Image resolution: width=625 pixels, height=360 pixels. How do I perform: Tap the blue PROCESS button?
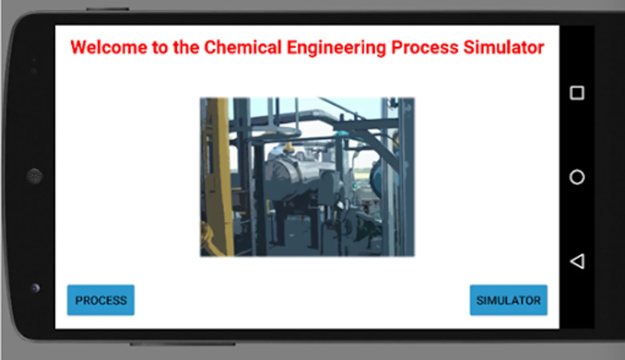coord(101,300)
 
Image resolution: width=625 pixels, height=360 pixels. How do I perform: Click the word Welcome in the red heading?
coord(108,47)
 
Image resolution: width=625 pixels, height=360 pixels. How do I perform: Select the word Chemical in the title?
coord(243,47)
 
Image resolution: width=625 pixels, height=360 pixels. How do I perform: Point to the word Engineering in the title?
coord(336,48)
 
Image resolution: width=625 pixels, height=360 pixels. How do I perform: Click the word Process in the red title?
coord(425,47)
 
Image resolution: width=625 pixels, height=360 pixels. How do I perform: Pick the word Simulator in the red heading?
coord(504,47)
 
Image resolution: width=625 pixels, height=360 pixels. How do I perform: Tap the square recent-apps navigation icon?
coord(577,93)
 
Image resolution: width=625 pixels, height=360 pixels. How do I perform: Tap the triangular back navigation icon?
coord(577,261)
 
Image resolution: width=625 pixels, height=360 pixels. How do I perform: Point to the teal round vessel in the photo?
coord(376,176)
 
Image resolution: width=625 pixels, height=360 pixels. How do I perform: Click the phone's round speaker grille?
coord(34,176)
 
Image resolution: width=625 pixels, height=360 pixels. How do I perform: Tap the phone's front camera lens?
coord(35,288)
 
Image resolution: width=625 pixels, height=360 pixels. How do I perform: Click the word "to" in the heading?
coord(160,47)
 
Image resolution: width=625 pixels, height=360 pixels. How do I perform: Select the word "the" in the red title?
coord(186,47)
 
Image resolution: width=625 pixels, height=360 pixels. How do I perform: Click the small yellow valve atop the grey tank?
coord(288,148)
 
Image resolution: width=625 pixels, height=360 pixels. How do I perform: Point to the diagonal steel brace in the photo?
coord(374,145)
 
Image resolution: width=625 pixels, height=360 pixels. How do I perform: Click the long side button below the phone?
coord(183,344)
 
